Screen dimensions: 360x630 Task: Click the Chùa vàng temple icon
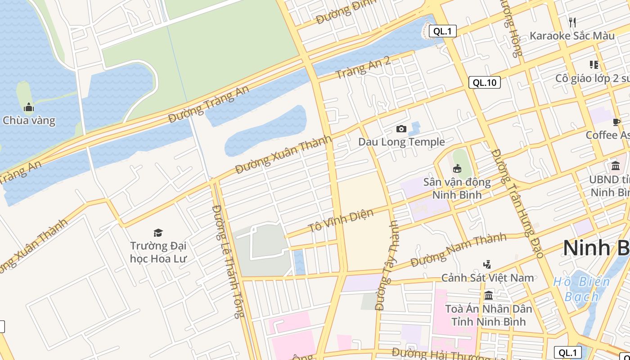(x=29, y=107)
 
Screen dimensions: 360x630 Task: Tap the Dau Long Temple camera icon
(x=401, y=129)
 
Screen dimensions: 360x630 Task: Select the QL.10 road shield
(x=484, y=82)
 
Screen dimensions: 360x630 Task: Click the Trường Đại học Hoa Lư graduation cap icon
(x=158, y=233)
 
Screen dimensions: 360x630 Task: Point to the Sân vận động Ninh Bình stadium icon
(x=457, y=169)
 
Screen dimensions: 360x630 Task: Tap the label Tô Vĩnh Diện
(x=341, y=220)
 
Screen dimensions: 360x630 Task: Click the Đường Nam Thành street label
(x=459, y=250)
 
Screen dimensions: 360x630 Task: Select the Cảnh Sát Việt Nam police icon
(x=487, y=264)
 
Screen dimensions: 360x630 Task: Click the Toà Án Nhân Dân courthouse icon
(x=489, y=296)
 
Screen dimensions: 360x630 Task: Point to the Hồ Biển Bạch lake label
(x=581, y=289)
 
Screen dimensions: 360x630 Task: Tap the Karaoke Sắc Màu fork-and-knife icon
(x=572, y=22)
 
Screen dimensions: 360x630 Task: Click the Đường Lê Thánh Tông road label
(x=228, y=261)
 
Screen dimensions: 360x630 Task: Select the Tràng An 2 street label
(x=363, y=68)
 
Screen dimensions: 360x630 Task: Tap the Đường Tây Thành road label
(x=387, y=265)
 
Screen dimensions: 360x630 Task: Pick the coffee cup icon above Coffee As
(x=616, y=122)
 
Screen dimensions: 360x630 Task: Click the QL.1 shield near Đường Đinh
(x=443, y=31)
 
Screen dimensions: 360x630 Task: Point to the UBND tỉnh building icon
(x=615, y=166)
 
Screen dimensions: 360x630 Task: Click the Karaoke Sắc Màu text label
(x=572, y=36)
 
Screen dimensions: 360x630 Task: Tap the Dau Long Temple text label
(x=401, y=142)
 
